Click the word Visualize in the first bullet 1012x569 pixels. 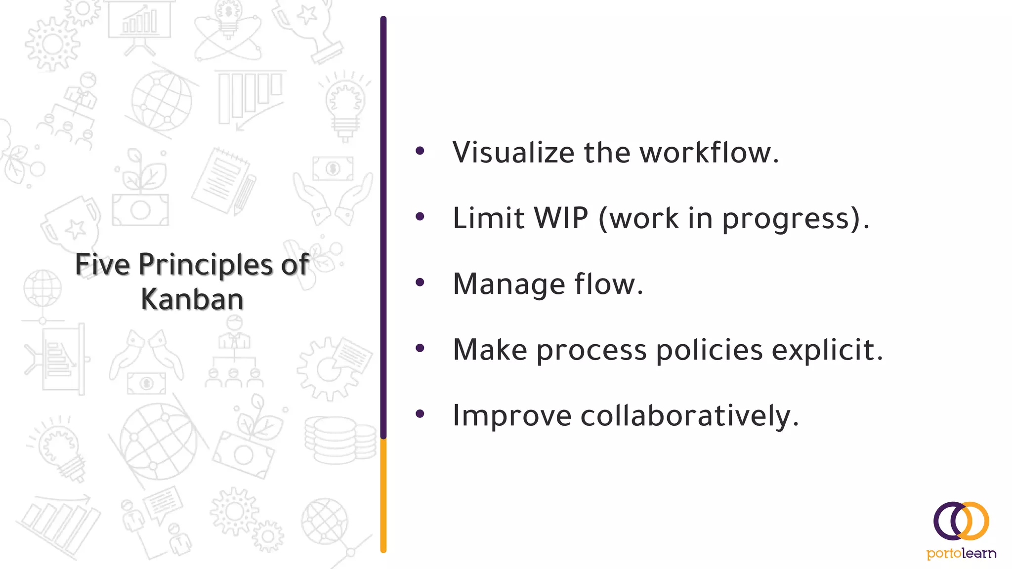click(x=513, y=152)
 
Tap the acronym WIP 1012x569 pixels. click(x=561, y=218)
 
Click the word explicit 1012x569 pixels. click(x=827, y=350)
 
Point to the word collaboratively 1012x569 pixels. click(x=689, y=416)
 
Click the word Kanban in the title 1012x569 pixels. click(x=192, y=299)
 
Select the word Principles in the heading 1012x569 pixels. click(x=206, y=265)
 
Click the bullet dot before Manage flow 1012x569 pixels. click(x=420, y=283)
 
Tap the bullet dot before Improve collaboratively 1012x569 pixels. click(x=420, y=414)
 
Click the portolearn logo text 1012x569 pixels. click(x=961, y=553)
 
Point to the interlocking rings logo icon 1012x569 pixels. click(x=961, y=522)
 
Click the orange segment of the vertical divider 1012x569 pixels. click(x=383, y=494)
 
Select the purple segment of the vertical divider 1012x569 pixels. click(x=383, y=222)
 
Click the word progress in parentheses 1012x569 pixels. click(x=792, y=219)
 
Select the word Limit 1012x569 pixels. click(x=488, y=218)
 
